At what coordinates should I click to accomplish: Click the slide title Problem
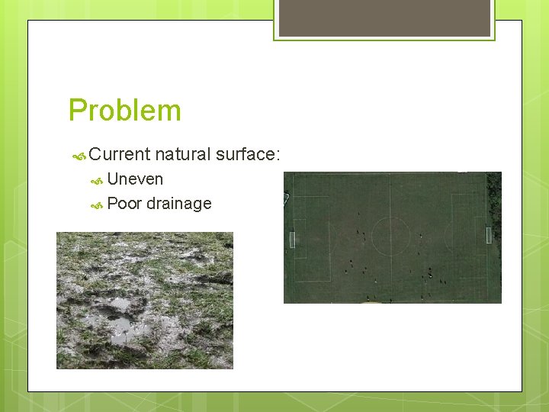tap(125, 111)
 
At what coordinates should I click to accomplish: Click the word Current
tap(119, 154)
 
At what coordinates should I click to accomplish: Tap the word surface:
tap(249, 154)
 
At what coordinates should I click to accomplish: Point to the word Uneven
tap(135, 179)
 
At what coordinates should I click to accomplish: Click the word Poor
tap(124, 204)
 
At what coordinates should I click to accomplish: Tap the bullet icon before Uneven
tap(97, 181)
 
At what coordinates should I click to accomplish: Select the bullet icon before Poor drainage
tap(97, 205)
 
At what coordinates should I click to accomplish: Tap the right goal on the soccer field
tap(489, 235)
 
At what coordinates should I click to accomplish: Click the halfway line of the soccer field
tap(390, 259)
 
